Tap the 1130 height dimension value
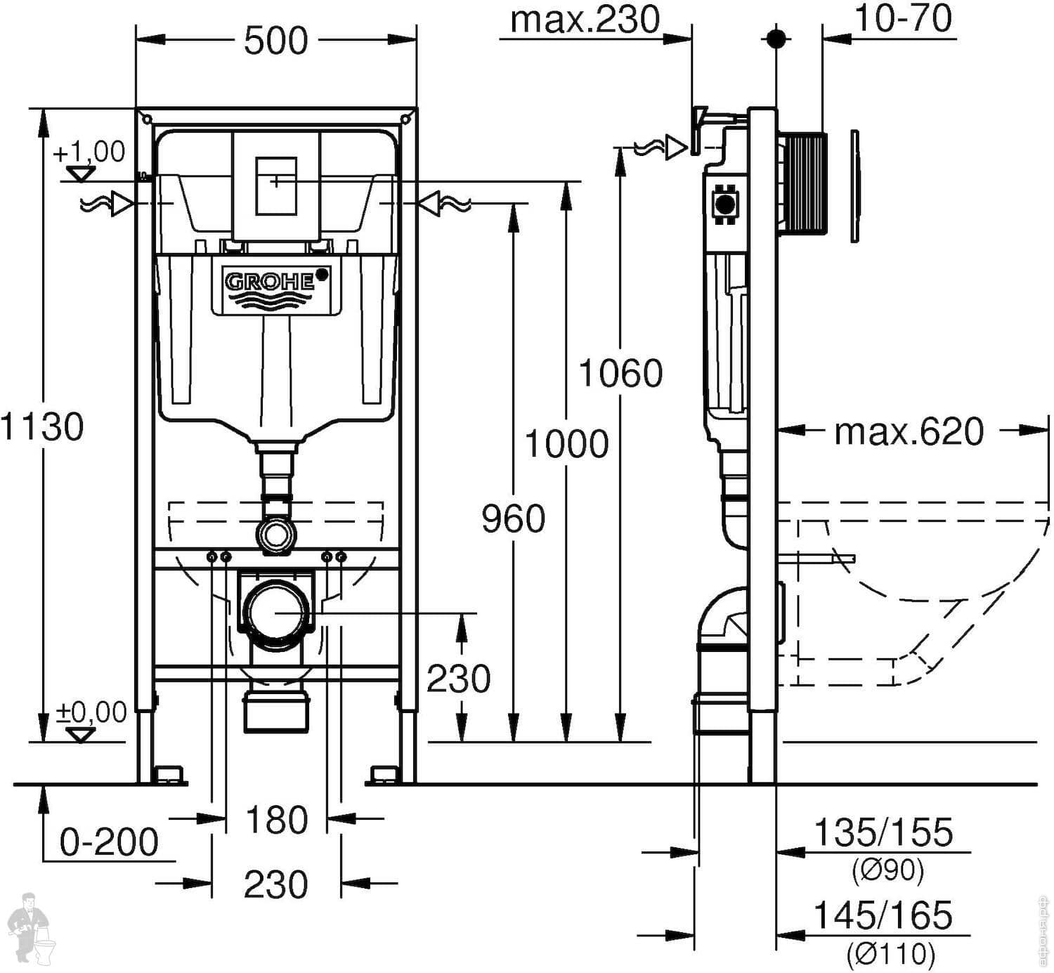pyautogui.click(x=42, y=426)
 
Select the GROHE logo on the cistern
pyautogui.click(x=270, y=281)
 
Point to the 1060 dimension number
pyautogui.click(x=620, y=373)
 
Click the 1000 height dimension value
pyautogui.click(x=566, y=444)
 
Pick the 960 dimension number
pyautogui.click(x=513, y=519)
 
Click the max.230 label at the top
pyautogui.click(x=585, y=20)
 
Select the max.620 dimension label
pyautogui.click(x=909, y=432)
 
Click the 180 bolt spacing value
pyautogui.click(x=277, y=820)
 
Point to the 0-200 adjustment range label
pyautogui.click(x=109, y=842)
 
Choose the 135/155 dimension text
pyautogui.click(x=883, y=832)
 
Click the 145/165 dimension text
pyautogui.click(x=883, y=915)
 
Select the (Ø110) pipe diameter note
pyautogui.click(x=891, y=953)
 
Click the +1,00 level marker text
pyautogui.click(x=89, y=152)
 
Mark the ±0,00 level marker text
pyautogui.click(x=91, y=712)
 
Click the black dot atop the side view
pyautogui.click(x=776, y=38)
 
